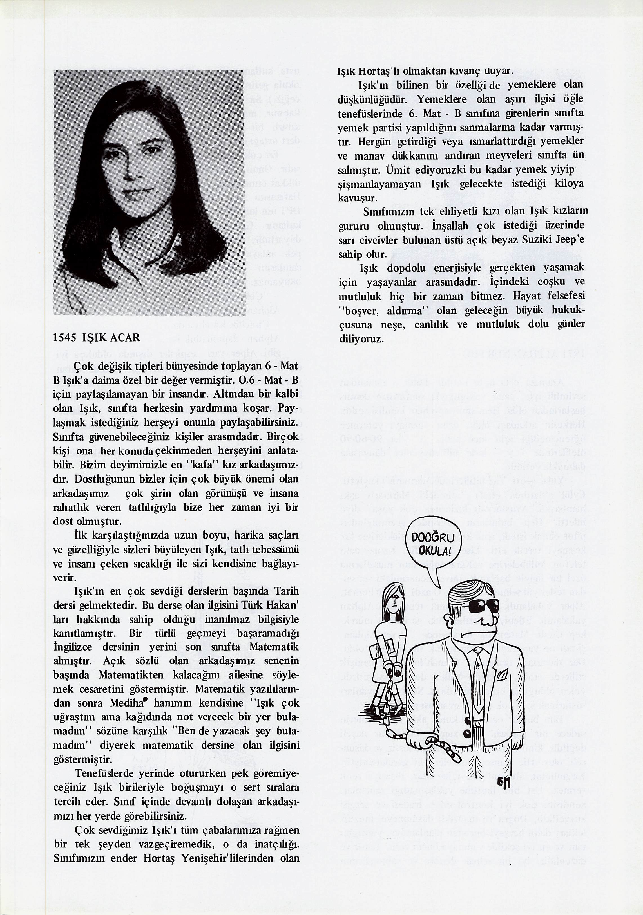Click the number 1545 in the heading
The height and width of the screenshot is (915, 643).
[x=64, y=338]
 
